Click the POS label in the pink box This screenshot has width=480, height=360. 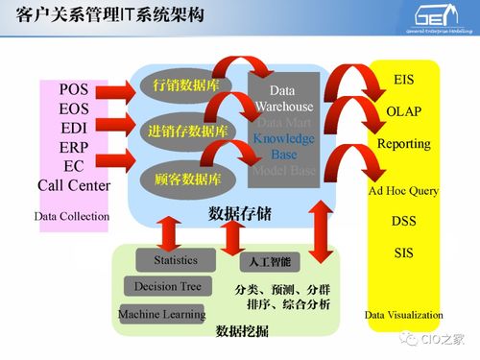[74, 89]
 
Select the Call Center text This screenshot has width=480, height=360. [74, 185]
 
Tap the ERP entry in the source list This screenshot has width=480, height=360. [74, 147]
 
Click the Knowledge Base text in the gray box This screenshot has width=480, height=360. [284, 147]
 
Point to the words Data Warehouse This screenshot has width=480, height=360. [284, 99]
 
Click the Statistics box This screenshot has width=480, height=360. [175, 260]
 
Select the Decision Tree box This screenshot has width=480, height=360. [168, 286]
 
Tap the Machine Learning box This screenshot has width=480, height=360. [161, 314]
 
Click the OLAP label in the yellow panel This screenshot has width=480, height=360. [403, 111]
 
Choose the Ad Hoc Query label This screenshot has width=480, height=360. [403, 190]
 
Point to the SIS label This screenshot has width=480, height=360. [403, 253]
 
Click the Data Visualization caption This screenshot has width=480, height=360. [403, 314]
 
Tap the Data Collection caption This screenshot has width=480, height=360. [72, 216]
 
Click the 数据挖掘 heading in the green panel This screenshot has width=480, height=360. [242, 331]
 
